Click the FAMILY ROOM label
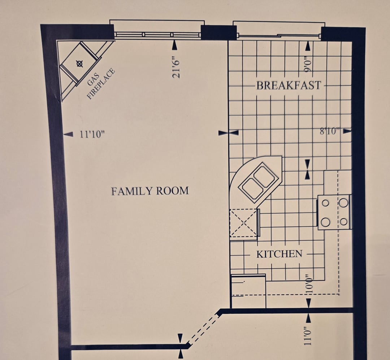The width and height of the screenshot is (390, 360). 150,191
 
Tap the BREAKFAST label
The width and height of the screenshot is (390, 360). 289,85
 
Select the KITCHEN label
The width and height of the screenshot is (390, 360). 279,254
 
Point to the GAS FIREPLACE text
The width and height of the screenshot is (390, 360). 100,83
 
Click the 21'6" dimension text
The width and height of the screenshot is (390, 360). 176,67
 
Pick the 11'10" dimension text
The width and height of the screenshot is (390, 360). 92,134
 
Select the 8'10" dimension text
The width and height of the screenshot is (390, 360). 330,131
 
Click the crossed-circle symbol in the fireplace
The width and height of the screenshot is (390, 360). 79,64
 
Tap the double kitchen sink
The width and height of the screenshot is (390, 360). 259,180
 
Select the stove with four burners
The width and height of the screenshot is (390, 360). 334,212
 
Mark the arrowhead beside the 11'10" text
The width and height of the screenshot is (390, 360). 68,134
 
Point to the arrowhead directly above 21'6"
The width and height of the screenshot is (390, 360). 175,45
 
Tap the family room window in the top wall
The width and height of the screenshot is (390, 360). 157,35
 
